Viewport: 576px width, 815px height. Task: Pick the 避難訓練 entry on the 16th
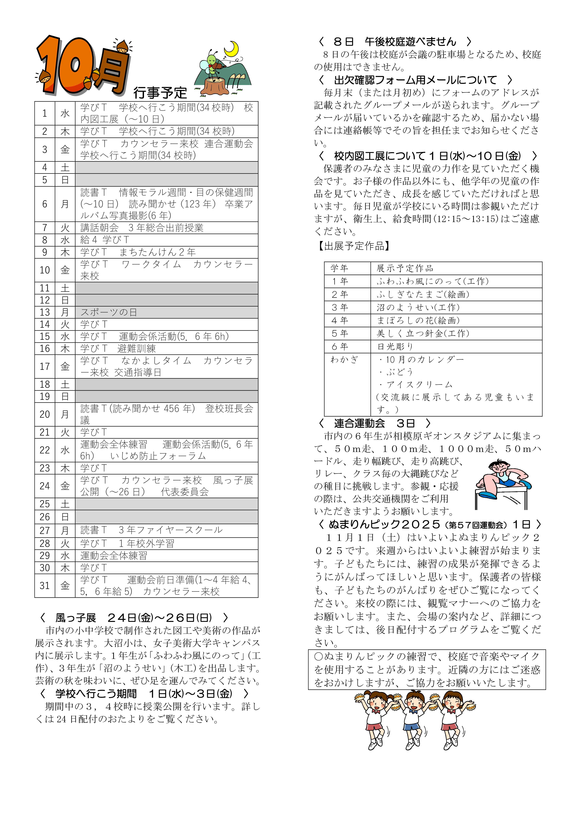(x=137, y=349)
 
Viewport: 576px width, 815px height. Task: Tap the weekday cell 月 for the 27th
(x=65, y=530)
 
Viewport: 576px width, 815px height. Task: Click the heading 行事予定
(x=160, y=93)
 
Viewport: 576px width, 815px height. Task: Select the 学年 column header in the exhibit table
(x=339, y=268)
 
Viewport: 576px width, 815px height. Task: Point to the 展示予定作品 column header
(x=405, y=268)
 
